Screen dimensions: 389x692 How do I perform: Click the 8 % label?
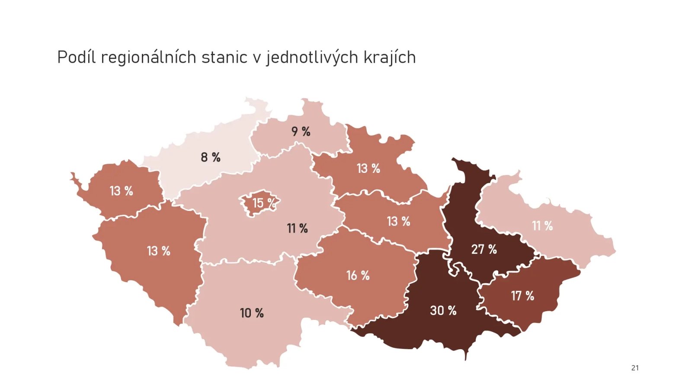click(x=211, y=157)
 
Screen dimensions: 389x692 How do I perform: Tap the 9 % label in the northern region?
click(x=301, y=131)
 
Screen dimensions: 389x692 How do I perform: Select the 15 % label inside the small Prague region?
click(x=263, y=203)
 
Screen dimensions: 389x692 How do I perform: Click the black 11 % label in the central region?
click(x=297, y=228)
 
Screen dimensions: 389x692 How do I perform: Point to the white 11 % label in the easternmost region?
click(x=542, y=226)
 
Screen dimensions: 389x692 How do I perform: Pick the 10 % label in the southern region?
click(x=252, y=313)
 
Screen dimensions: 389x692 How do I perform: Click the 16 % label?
click(x=358, y=275)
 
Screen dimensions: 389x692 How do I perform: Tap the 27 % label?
click(x=484, y=249)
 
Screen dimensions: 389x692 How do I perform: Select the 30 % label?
click(x=443, y=310)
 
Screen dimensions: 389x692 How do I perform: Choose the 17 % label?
click(x=522, y=296)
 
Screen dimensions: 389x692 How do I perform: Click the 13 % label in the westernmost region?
click(x=121, y=191)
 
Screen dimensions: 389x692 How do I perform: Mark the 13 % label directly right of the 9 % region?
click(x=368, y=168)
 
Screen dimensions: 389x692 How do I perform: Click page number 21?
click(x=634, y=368)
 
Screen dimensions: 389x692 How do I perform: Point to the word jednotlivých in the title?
click(x=312, y=57)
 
